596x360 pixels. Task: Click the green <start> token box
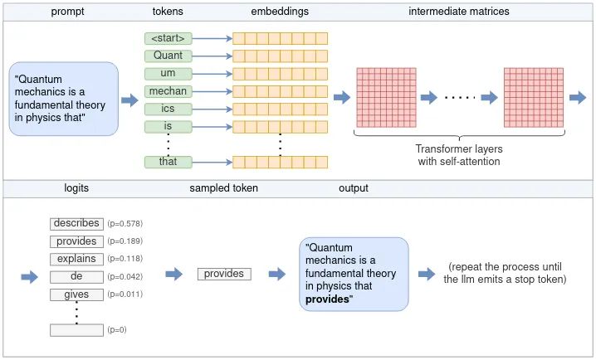point(168,38)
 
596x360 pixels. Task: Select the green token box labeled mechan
point(168,91)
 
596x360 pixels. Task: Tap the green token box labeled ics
point(168,109)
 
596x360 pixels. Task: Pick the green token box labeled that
point(168,162)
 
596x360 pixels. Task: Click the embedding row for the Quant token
point(281,56)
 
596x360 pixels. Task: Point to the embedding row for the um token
point(281,74)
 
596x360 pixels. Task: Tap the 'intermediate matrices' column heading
point(459,11)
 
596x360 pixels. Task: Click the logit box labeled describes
point(76,224)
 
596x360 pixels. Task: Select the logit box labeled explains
point(76,259)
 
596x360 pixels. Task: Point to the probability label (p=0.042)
point(125,277)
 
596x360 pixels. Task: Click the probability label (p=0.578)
point(125,224)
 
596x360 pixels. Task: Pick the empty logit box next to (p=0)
point(76,330)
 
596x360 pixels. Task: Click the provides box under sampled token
point(224,274)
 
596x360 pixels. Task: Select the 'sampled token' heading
point(223,188)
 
